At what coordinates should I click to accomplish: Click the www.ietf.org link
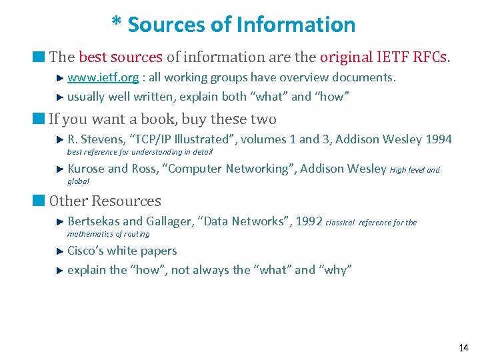pos(103,77)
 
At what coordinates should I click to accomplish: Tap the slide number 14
pos(464,348)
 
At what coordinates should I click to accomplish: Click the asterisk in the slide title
pos(117,24)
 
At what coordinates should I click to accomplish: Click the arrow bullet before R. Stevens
pos(59,139)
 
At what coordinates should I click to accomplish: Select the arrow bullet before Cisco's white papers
pos(59,251)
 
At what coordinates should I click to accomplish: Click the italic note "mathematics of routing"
pos(109,234)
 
